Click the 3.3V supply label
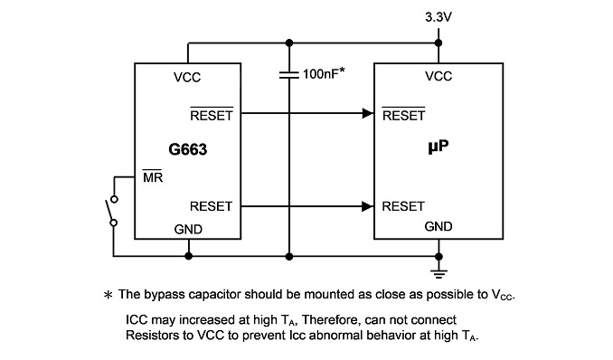click(439, 17)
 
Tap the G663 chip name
click(188, 149)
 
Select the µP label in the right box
click(439, 147)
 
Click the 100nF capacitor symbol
click(289, 74)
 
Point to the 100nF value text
click(324, 73)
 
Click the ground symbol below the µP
click(439, 273)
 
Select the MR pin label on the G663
click(153, 176)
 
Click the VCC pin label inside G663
click(187, 78)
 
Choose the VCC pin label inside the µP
click(439, 76)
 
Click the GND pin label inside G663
click(188, 230)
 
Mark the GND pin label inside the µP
click(439, 226)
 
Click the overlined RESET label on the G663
click(212, 114)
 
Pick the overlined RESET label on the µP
click(403, 114)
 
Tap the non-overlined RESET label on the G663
click(211, 206)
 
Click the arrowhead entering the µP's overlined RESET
click(368, 113)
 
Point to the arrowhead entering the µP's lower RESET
click(368, 206)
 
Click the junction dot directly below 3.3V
click(439, 43)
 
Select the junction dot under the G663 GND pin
click(188, 256)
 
